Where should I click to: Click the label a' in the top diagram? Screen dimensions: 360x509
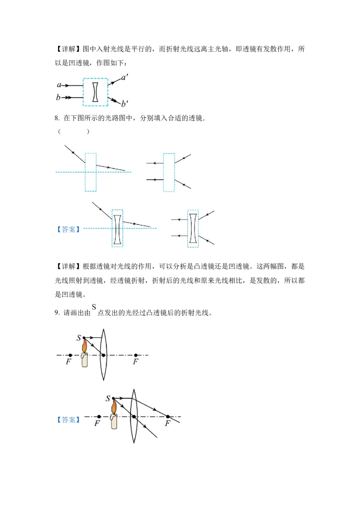point(125,78)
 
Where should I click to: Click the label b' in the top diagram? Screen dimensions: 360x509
point(125,103)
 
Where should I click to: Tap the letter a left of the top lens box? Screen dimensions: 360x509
point(59,85)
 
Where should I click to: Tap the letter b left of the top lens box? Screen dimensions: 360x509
point(58,97)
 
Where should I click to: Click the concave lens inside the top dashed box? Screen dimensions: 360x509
point(95,92)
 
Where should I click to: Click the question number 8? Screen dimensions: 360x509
point(57,118)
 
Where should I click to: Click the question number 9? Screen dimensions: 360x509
point(57,313)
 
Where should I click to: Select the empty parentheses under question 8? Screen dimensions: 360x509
point(73,131)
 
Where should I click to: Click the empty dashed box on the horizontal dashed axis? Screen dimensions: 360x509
point(90,172)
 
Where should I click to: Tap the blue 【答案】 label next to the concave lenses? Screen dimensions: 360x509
point(68,229)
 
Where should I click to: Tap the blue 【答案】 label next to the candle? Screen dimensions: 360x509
point(68,420)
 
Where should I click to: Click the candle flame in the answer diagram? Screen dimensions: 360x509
point(114,407)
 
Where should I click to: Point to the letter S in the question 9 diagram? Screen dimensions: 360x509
point(79,338)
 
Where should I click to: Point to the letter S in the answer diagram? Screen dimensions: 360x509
point(108,398)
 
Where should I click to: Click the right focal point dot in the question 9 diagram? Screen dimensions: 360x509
point(136,355)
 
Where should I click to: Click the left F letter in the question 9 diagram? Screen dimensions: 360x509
point(68,362)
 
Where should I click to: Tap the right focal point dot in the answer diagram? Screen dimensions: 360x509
point(168,416)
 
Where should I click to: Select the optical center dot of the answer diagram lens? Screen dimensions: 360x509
point(134,416)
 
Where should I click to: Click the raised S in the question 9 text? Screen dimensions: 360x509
point(94,307)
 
